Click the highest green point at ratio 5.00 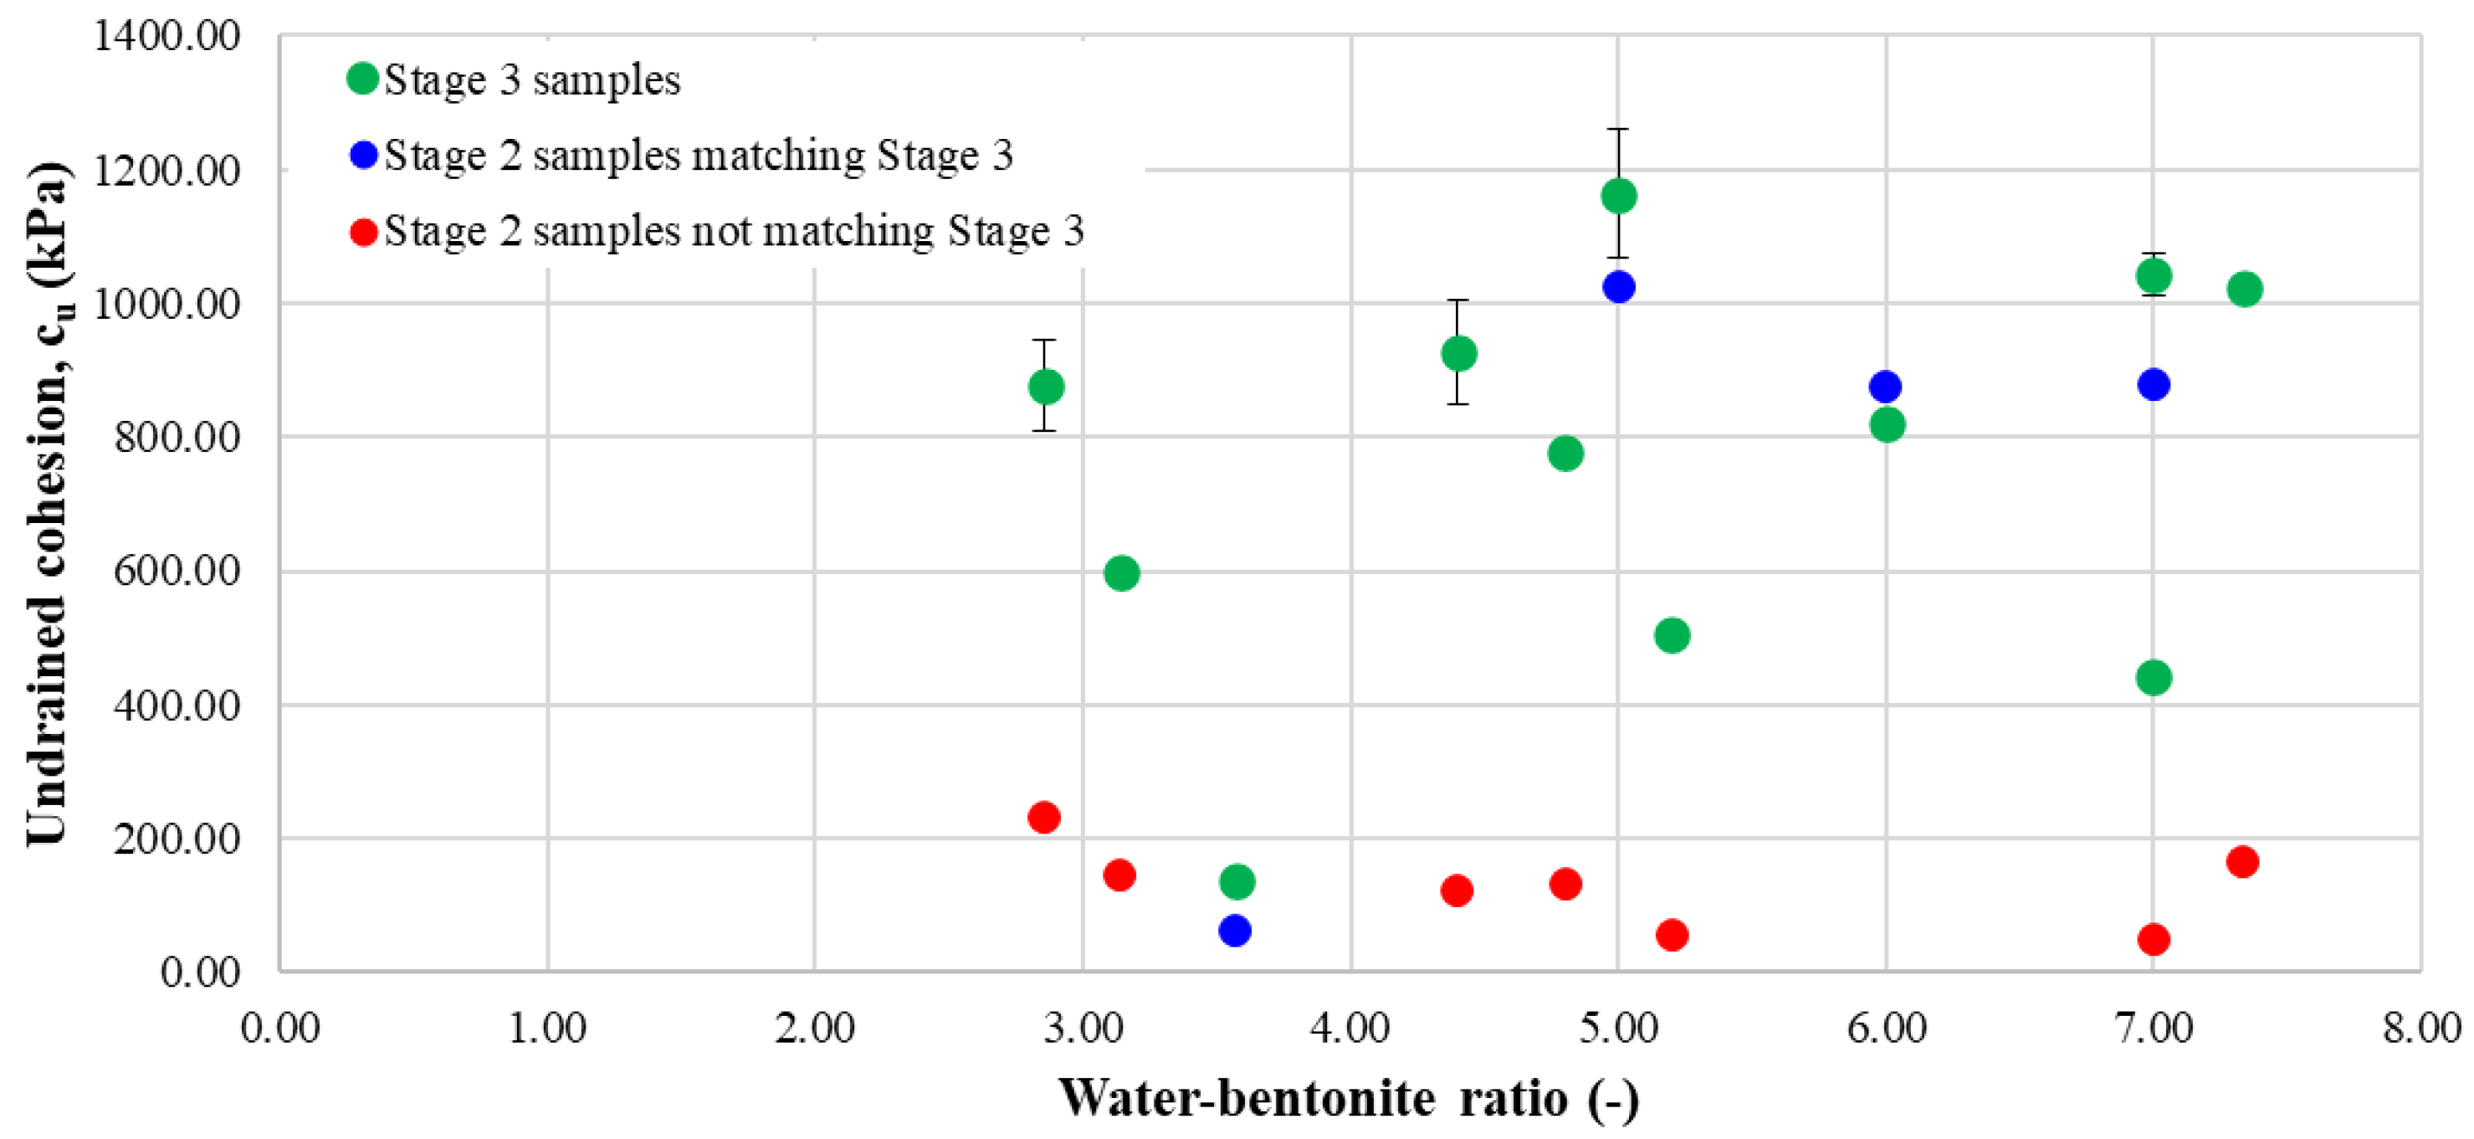point(1618,196)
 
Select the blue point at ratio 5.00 point(1618,286)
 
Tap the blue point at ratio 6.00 point(1885,387)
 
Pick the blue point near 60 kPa point(1234,930)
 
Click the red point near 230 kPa point(1044,818)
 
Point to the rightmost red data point point(2242,861)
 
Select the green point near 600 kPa point(1122,573)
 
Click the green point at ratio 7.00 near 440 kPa point(2154,677)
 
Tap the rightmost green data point point(2245,288)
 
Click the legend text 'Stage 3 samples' point(532,80)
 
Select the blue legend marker point(363,155)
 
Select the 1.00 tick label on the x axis point(547,1029)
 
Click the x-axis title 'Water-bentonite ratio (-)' point(1349,1098)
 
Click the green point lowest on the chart point(1237,880)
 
